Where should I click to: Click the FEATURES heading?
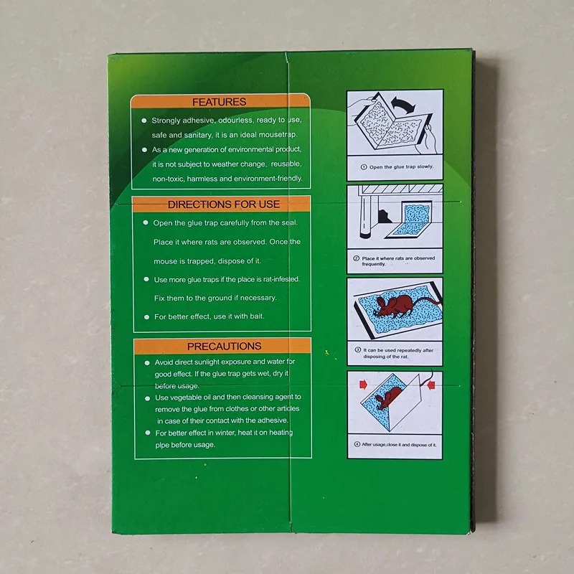coord(219,102)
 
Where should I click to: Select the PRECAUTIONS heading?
coord(223,346)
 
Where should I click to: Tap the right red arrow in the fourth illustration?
coord(433,386)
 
